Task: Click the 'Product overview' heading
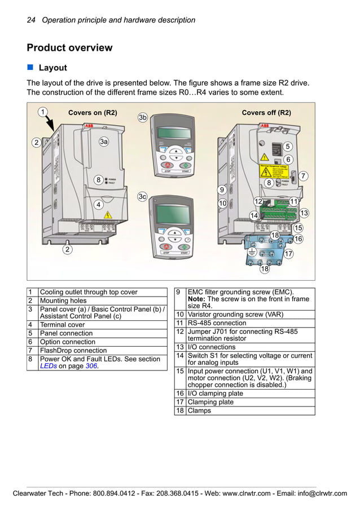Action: click(69, 48)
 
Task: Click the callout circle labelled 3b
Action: click(143, 117)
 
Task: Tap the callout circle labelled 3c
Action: click(143, 196)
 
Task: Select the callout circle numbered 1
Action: click(42, 112)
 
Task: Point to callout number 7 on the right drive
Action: click(304, 176)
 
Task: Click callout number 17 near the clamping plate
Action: click(288, 254)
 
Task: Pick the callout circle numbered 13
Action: click(304, 213)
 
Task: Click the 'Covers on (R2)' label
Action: click(93, 113)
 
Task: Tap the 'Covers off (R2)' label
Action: click(266, 113)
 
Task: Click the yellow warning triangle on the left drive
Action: click(108, 214)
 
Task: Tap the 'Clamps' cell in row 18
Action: click(199, 411)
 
